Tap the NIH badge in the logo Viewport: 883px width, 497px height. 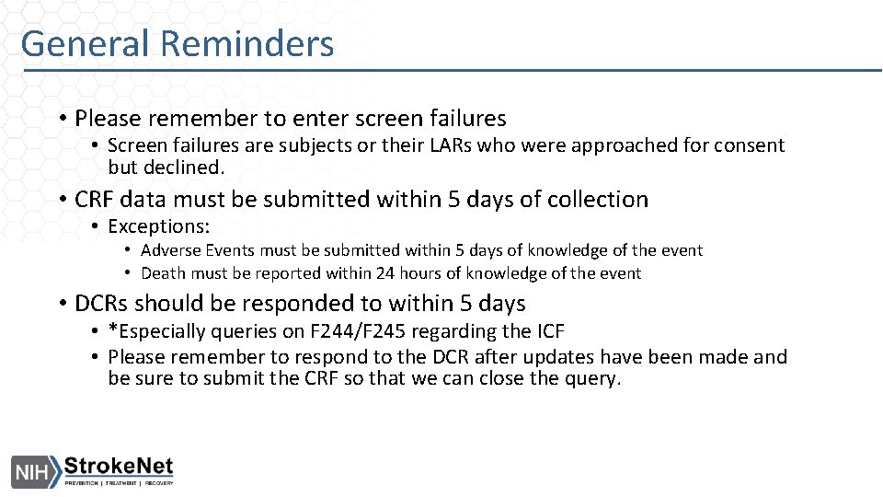tap(33, 472)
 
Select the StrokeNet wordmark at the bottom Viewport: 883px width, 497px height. tap(119, 467)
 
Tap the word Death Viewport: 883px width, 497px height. tap(164, 273)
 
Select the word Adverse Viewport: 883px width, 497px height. tap(171, 250)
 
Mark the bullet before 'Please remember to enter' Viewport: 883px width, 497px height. tap(60, 119)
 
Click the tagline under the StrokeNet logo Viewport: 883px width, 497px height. tap(119, 482)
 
